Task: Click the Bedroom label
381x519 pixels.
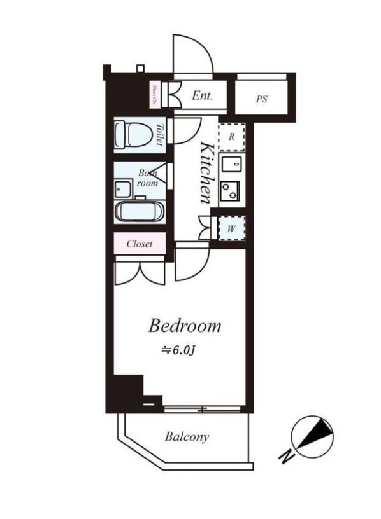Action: pyautogui.click(x=185, y=326)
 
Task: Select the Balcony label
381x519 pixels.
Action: pyautogui.click(x=187, y=437)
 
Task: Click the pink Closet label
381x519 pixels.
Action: pyautogui.click(x=140, y=244)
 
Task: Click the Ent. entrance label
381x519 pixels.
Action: pyautogui.click(x=202, y=96)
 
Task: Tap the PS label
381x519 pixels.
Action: pyautogui.click(x=261, y=99)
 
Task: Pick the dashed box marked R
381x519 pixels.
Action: pyautogui.click(x=232, y=136)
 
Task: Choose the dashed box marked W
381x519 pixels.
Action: pyautogui.click(x=232, y=228)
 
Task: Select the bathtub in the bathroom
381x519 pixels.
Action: pyautogui.click(x=140, y=211)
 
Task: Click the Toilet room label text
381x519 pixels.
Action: pyautogui.click(x=159, y=135)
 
